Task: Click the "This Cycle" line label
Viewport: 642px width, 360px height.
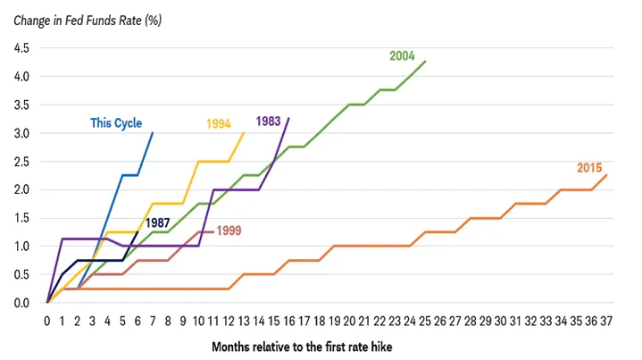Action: coord(116,123)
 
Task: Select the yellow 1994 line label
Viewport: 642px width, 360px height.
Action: coord(219,123)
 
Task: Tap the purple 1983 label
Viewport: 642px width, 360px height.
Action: coord(268,121)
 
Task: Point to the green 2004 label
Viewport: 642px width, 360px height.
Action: coord(402,55)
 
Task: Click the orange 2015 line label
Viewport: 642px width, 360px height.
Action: coord(589,168)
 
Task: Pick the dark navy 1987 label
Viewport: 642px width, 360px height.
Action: coord(158,222)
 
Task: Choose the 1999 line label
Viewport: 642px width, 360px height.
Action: coord(229,230)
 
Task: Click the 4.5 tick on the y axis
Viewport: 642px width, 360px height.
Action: coord(21,48)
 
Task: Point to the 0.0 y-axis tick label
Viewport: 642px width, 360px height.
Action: coord(21,303)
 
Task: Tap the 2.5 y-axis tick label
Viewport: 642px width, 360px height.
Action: coord(21,162)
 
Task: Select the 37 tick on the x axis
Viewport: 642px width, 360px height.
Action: coord(606,322)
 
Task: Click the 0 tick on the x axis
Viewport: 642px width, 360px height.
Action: coord(47,322)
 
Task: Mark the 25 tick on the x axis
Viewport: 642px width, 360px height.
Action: coord(425,322)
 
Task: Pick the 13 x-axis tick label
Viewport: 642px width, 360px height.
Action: coord(244,322)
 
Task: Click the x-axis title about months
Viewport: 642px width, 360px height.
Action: coord(302,347)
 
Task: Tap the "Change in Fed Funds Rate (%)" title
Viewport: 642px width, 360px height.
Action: coord(88,21)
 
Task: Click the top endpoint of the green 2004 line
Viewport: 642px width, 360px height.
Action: coord(425,61)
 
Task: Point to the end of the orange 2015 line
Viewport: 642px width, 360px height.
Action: coord(607,175)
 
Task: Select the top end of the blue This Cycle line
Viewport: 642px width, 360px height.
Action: coord(153,133)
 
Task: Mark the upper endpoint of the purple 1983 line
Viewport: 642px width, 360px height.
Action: coord(289,118)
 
